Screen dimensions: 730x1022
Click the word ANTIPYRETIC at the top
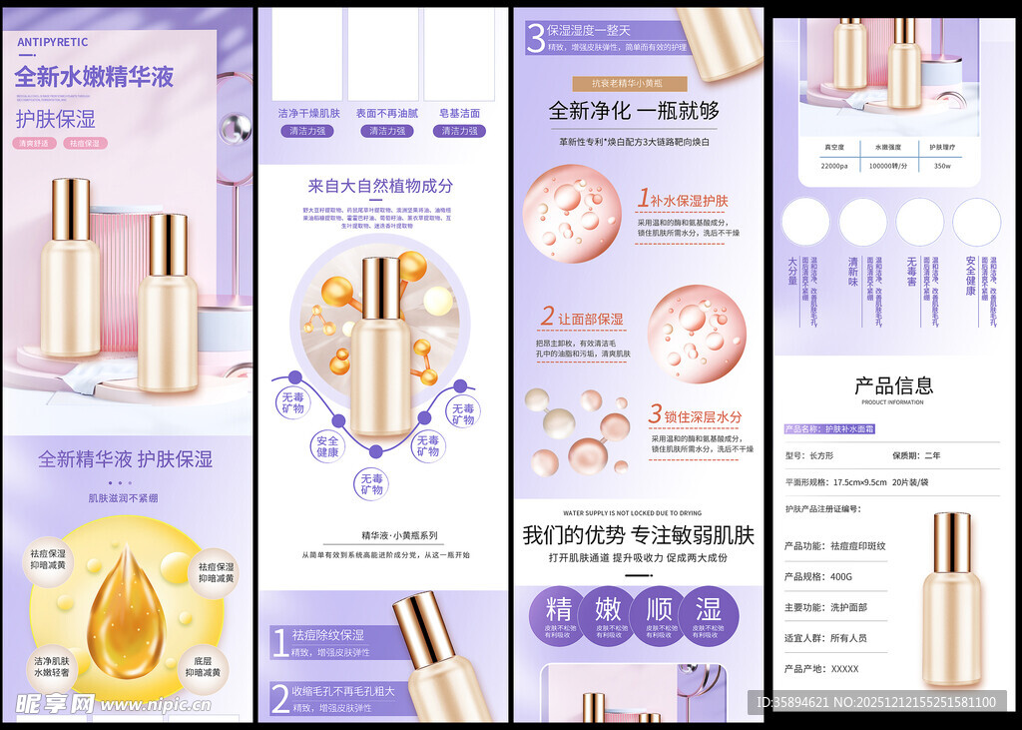point(52,42)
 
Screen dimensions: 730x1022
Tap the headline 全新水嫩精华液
point(95,77)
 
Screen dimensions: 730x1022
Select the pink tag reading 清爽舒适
point(36,144)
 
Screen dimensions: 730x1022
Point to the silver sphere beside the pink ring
point(236,127)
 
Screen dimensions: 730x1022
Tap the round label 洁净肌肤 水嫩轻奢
point(51,667)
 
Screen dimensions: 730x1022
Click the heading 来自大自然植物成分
point(380,186)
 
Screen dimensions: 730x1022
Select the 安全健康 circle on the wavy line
point(328,445)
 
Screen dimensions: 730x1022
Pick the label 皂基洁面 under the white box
point(459,114)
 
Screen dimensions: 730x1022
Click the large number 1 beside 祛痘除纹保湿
point(280,642)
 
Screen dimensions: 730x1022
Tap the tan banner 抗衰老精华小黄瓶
point(631,84)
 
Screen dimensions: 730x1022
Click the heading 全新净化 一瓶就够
point(634,111)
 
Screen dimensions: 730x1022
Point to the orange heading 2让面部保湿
point(582,318)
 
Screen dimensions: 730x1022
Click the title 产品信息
point(893,385)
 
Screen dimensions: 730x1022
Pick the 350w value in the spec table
point(942,166)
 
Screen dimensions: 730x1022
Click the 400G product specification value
point(843,576)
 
